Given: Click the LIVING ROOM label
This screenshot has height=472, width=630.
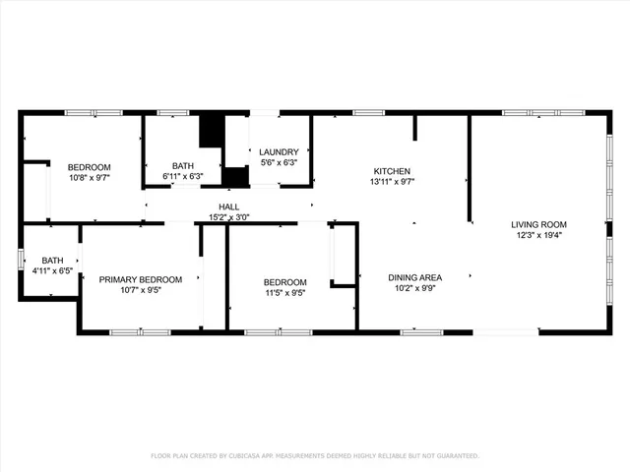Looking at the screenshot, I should [538, 224].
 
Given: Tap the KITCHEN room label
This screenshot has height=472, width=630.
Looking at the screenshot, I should [391, 171].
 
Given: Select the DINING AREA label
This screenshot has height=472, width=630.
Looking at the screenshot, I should [414, 278].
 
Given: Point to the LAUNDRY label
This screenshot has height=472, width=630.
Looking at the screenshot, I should [279, 151].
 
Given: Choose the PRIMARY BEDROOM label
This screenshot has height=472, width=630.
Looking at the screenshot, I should [141, 279].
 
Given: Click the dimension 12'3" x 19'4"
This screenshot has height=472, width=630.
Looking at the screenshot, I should [538, 236].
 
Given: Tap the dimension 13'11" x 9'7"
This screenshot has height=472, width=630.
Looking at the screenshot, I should [391, 183].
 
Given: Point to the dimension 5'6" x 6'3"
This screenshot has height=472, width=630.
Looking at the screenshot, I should [279, 163].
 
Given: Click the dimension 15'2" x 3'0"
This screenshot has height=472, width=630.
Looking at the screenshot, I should [228, 216].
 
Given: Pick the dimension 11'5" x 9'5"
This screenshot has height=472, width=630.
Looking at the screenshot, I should [284, 292].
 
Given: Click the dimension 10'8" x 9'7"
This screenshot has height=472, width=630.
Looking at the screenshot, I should [89, 178].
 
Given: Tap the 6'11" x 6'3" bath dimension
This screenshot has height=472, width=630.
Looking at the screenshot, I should [183, 177].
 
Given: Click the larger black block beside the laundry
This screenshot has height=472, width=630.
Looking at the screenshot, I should [212, 131].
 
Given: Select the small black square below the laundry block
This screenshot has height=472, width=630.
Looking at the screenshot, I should [234, 176].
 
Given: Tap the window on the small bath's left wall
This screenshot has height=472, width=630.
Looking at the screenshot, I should [21, 260].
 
